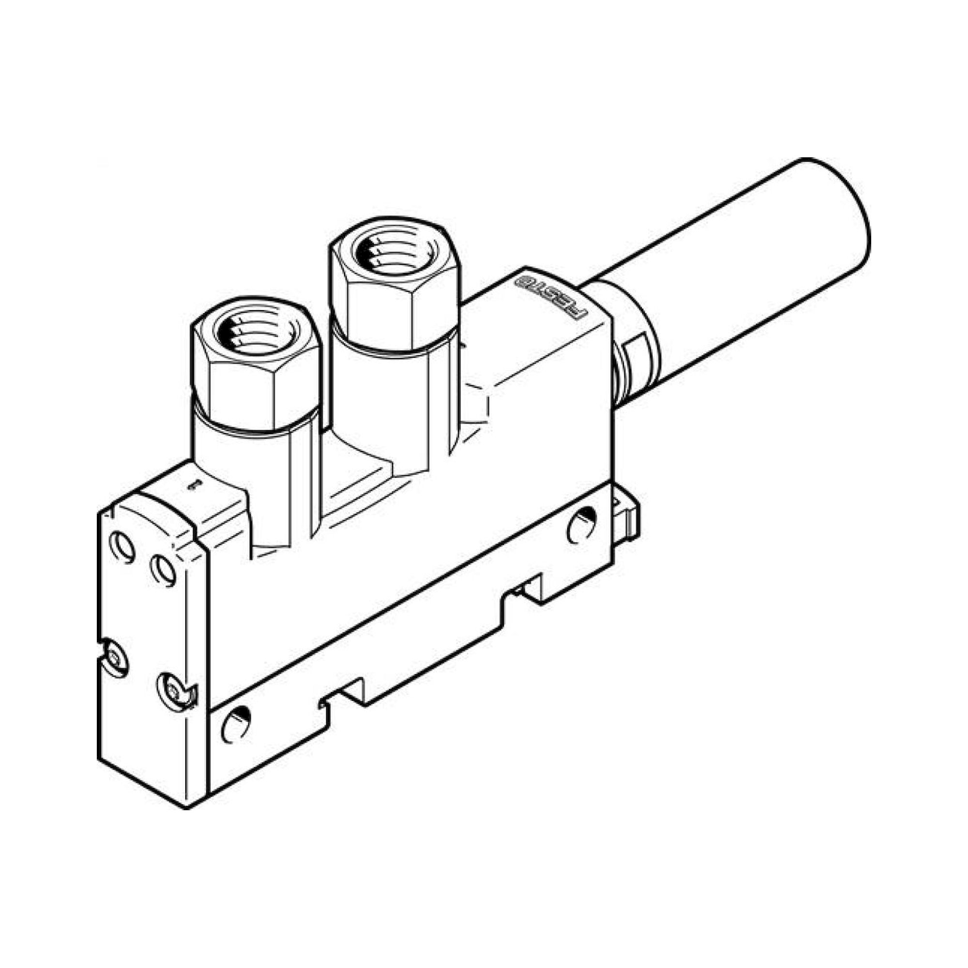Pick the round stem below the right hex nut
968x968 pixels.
(x=381, y=396)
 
